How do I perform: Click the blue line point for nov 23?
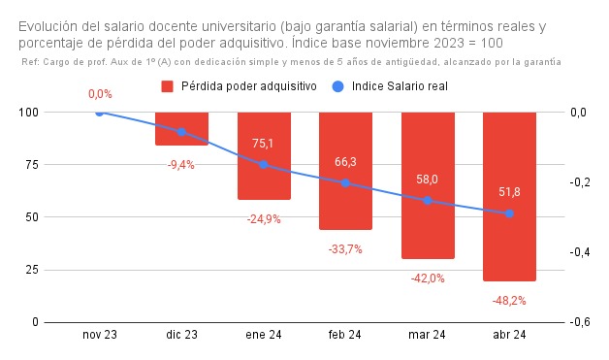pyautogui.click(x=100, y=113)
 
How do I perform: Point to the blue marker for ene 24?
pyautogui.click(x=264, y=165)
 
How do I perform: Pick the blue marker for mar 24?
pyautogui.click(x=428, y=201)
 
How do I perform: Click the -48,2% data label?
pyautogui.click(x=509, y=301)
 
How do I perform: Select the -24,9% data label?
pyautogui.click(x=264, y=219)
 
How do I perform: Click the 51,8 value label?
pyautogui.click(x=509, y=192)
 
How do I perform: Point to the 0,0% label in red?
pyautogui.click(x=100, y=94)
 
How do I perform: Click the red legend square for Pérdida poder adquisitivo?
pyautogui.click(x=167, y=86)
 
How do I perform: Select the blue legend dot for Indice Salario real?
pyautogui.click(x=337, y=86)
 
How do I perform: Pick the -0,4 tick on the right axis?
pyautogui.click(x=577, y=252)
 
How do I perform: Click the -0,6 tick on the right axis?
pyautogui.click(x=577, y=322)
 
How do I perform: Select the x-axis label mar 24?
pyautogui.click(x=428, y=335)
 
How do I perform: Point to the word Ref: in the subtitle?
pyautogui.click(x=31, y=61)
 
